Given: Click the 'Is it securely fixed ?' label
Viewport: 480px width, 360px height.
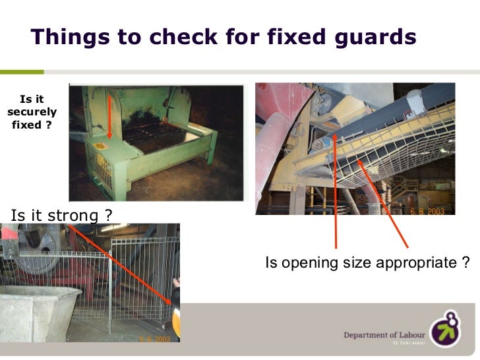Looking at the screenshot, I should point(32,112).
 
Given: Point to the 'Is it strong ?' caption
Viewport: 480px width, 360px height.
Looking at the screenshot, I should point(61,214).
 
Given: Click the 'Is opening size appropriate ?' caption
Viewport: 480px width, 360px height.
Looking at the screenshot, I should point(367,263).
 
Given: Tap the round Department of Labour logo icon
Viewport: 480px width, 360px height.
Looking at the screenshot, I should point(446,328).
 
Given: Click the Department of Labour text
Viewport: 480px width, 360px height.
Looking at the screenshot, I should point(384,335).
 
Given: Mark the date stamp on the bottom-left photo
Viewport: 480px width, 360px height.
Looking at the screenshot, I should point(155,338).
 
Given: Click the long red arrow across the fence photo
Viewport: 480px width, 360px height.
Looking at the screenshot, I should point(122,264).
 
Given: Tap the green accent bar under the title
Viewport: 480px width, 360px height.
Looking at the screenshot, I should point(22,71).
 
